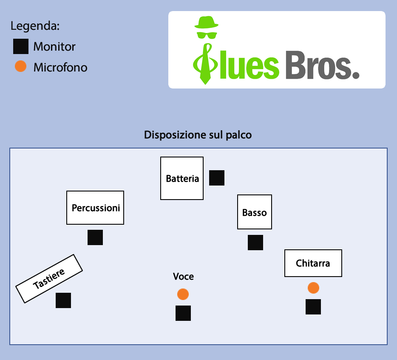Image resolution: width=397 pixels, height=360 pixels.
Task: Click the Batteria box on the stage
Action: coord(182,178)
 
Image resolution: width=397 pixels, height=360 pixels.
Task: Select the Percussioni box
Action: coord(95,208)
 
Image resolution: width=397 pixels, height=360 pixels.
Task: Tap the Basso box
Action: coord(254,212)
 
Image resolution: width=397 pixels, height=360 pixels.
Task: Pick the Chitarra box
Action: coord(313,263)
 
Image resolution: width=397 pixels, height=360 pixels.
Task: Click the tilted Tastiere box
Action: coord(49,278)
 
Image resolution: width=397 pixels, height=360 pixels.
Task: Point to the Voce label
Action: coord(183,277)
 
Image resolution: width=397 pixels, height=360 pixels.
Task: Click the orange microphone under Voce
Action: coord(183,294)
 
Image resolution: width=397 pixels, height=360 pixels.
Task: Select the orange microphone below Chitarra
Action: coord(313,288)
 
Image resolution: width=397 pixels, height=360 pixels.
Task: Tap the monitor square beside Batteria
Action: coord(217,178)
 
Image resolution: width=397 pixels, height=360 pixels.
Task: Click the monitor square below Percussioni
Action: coord(95,237)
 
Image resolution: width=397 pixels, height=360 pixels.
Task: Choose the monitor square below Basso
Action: coord(255,243)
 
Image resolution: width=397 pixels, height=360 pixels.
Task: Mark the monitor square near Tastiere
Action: coord(63,300)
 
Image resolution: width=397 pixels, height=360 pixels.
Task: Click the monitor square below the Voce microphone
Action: coord(183,313)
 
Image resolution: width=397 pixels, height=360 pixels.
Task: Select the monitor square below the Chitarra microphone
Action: coord(313,307)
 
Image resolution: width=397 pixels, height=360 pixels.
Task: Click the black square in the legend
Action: coord(21,46)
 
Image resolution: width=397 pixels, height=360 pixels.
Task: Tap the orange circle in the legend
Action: coord(20,66)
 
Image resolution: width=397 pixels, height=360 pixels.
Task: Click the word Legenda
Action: coord(35,26)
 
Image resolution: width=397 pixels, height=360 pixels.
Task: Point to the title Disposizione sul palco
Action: coord(198,135)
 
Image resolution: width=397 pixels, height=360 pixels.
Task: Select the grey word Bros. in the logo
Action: coord(322,66)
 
